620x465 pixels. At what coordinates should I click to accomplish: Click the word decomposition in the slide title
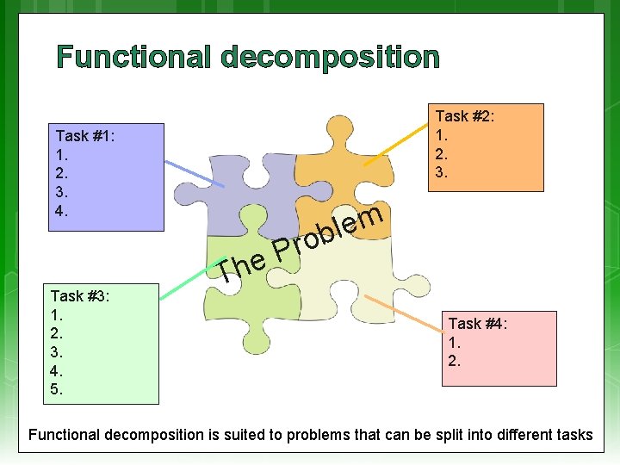(330, 58)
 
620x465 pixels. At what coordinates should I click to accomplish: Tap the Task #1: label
(85, 136)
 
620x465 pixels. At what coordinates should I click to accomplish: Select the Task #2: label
(465, 116)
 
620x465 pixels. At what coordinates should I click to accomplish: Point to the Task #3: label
(79, 296)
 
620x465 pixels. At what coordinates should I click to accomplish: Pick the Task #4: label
(478, 324)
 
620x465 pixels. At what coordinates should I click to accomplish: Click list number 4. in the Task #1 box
(62, 211)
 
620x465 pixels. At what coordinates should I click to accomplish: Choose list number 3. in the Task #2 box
(442, 172)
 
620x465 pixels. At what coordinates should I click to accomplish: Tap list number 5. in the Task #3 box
(57, 389)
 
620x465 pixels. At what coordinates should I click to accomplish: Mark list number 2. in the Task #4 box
(455, 361)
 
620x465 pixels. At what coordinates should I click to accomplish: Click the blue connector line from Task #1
(194, 174)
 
